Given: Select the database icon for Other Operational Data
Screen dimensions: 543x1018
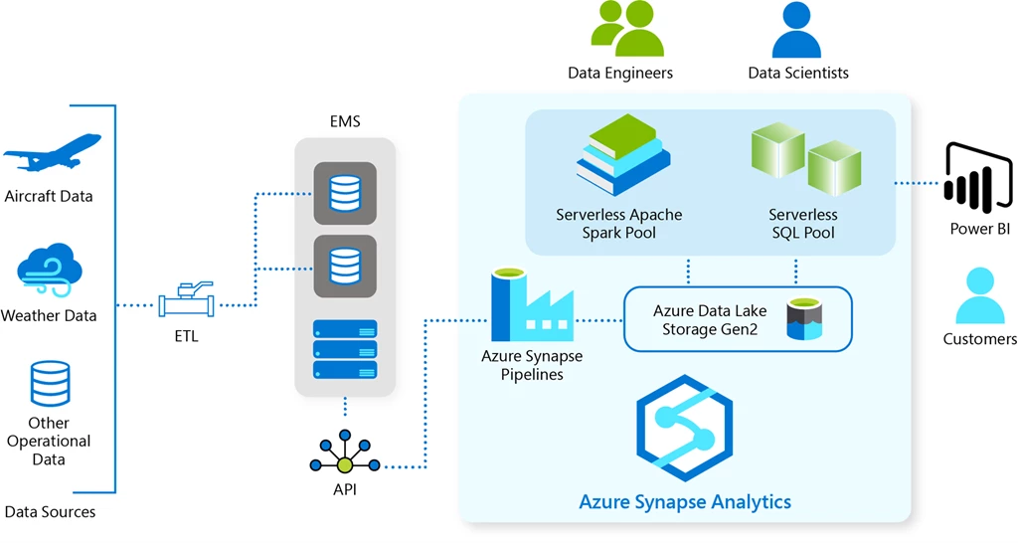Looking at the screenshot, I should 50,383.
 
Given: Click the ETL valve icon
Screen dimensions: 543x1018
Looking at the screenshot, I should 186,299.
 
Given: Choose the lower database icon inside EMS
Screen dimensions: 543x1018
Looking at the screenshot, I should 345,266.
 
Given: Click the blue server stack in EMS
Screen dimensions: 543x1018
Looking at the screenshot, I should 345,348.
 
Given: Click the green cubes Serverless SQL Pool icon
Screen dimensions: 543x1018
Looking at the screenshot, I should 804,158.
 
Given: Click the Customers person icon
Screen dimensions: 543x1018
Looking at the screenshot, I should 979,295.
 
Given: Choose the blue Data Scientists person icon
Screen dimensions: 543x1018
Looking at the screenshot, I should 796,30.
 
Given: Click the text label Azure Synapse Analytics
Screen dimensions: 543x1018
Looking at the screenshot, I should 685,501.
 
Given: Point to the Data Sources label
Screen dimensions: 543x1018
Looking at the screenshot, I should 50,512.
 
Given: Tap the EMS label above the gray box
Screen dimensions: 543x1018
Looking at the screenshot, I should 345,121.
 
